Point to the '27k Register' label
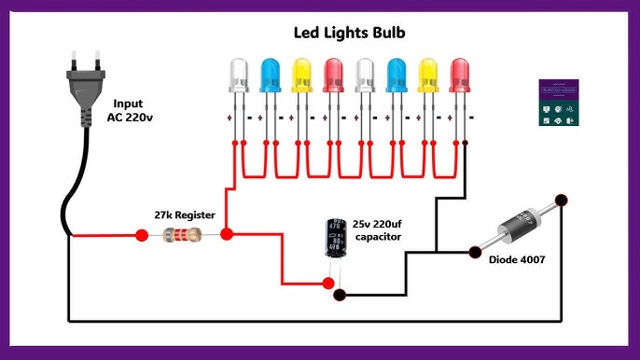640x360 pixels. (x=185, y=215)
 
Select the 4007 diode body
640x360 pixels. (x=518, y=225)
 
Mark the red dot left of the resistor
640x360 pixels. (x=142, y=236)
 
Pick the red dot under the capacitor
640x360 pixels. (x=327, y=283)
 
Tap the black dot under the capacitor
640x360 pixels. (x=340, y=295)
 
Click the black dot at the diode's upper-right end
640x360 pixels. (x=562, y=200)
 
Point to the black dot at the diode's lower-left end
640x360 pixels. (x=473, y=249)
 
